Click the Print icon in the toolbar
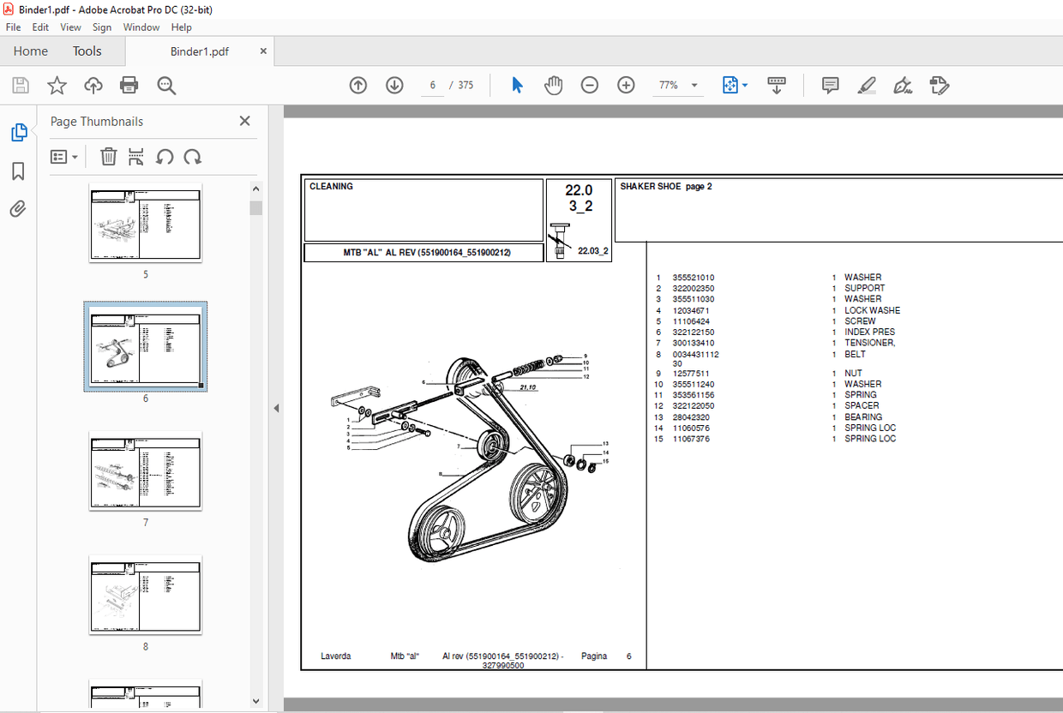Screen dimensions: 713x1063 pyautogui.click(x=129, y=85)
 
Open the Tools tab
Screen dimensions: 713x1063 pyautogui.click(x=87, y=51)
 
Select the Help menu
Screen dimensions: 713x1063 pyautogui.click(x=181, y=27)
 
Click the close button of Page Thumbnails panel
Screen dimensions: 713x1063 pyautogui.click(x=244, y=122)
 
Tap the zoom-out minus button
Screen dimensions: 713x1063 pyautogui.click(x=589, y=85)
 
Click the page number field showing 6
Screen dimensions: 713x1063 pyautogui.click(x=433, y=85)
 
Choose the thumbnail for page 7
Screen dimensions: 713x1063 pyautogui.click(x=146, y=471)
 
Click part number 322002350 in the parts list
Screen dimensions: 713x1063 pyautogui.click(x=693, y=289)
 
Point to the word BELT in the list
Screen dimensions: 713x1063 pyautogui.click(x=855, y=353)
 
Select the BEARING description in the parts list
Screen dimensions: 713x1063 pyautogui.click(x=862, y=417)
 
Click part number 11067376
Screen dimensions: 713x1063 pyautogui.click(x=691, y=439)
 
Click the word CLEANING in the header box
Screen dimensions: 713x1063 pyautogui.click(x=331, y=187)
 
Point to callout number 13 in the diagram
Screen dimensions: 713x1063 pyautogui.click(x=605, y=443)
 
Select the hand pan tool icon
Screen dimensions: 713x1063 pyautogui.click(x=554, y=85)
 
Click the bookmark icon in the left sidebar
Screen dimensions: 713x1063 pyautogui.click(x=18, y=171)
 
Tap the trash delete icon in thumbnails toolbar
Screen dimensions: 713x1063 pyautogui.click(x=108, y=157)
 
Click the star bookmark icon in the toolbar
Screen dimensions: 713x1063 pyautogui.click(x=57, y=85)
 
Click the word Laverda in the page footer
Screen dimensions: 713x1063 pyautogui.click(x=336, y=656)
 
